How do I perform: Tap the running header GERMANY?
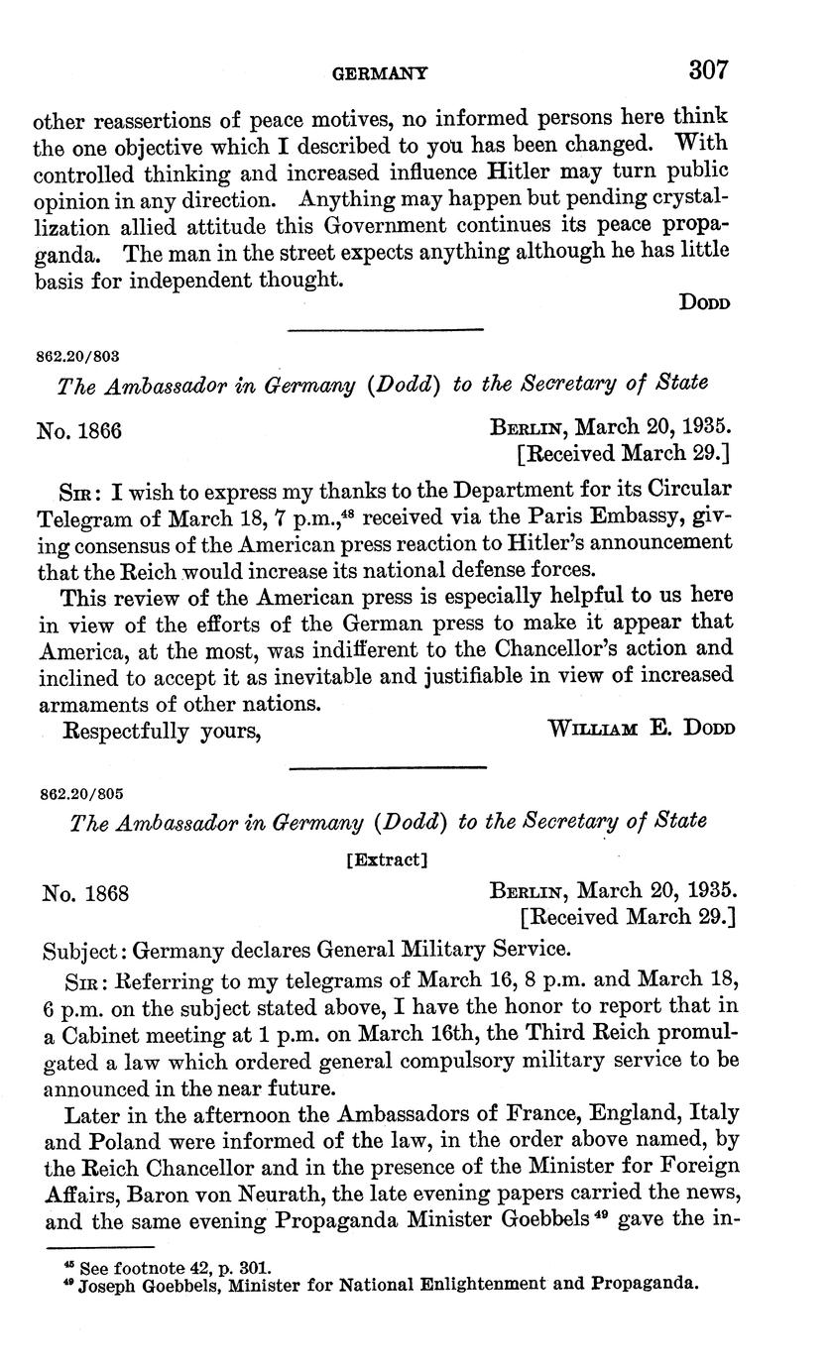point(380,72)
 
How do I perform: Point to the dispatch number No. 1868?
point(85,893)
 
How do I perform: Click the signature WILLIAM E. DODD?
point(639,730)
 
